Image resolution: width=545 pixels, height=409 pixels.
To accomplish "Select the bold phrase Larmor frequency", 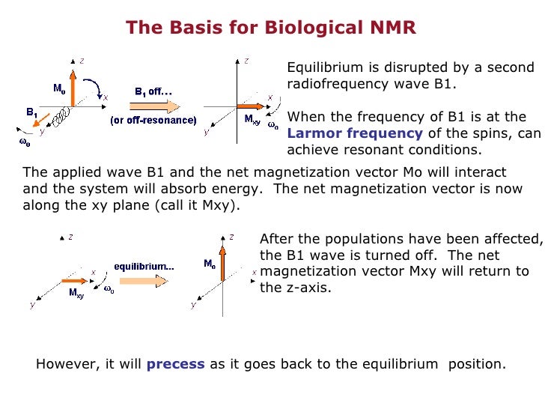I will (x=355, y=133).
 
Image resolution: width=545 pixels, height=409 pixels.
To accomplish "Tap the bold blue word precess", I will (x=176, y=365).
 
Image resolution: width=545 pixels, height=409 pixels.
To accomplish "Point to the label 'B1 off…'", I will (x=153, y=91).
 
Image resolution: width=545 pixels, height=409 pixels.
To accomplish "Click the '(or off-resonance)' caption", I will (x=153, y=121).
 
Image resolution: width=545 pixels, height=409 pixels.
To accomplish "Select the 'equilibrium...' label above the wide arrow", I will (x=144, y=267).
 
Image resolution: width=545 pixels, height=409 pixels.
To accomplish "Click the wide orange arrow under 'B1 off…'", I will (x=153, y=106).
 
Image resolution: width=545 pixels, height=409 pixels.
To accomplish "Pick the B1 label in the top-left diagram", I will (x=31, y=112).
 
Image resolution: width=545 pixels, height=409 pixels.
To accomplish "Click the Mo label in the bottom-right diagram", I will (x=210, y=264).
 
